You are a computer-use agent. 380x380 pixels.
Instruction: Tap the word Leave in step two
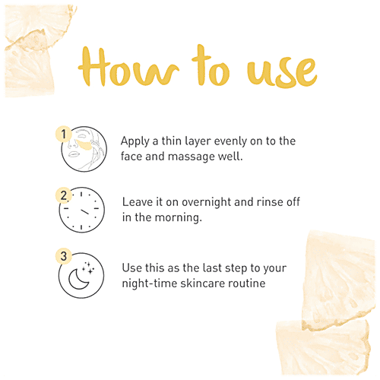pyautogui.click(x=137, y=203)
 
